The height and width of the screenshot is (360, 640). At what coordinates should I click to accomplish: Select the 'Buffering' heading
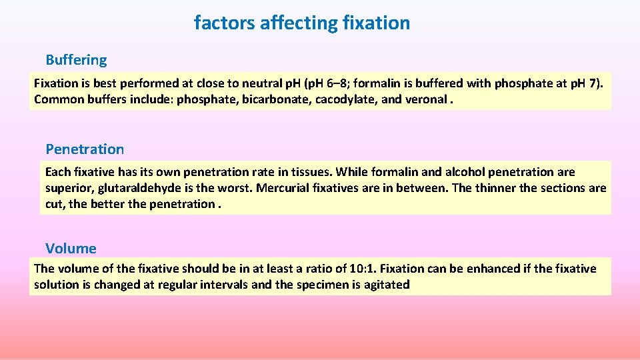click(x=76, y=60)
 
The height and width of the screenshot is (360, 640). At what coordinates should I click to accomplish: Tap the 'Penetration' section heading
click(x=85, y=149)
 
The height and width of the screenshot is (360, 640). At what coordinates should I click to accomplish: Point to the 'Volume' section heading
click(x=71, y=249)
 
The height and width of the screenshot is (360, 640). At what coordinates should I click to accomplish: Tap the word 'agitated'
click(x=385, y=285)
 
